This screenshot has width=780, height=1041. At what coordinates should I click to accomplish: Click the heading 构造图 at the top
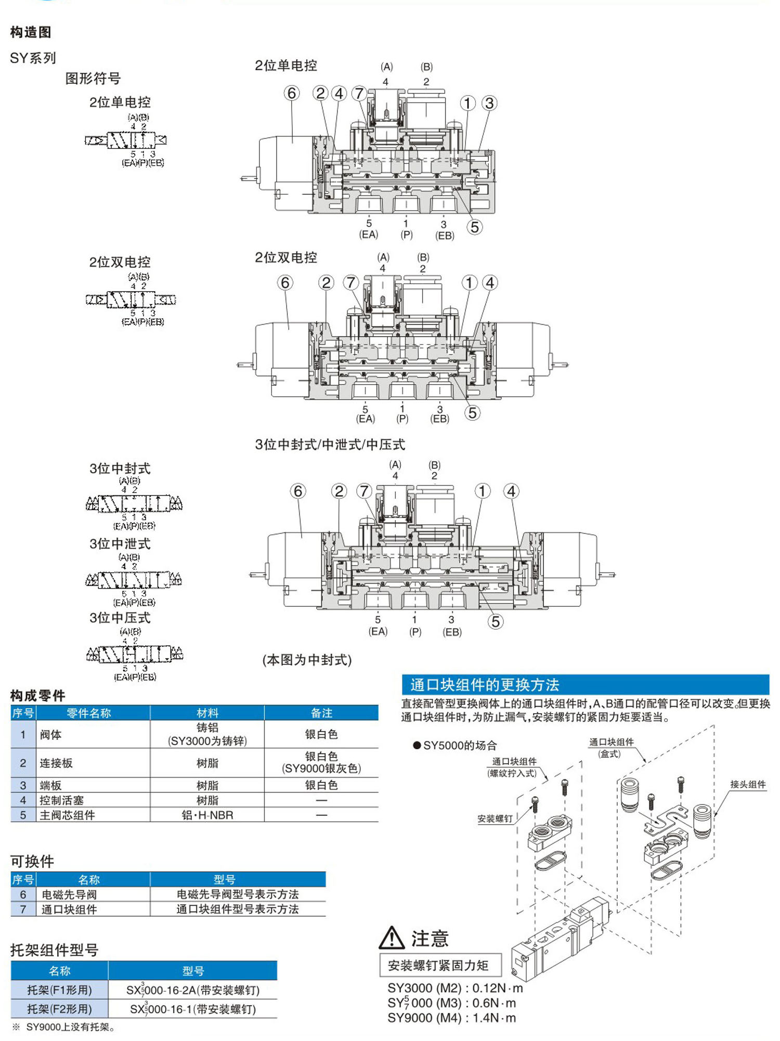tap(31, 32)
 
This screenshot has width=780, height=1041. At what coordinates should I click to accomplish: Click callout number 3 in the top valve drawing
tap(489, 103)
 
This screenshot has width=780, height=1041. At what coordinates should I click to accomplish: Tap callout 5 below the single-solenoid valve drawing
tap(474, 227)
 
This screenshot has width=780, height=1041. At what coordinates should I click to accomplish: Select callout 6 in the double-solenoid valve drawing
tap(285, 283)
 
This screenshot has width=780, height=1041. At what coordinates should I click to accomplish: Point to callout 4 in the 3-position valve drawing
tap(511, 491)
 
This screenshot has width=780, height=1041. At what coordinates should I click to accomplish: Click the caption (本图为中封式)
tap(307, 660)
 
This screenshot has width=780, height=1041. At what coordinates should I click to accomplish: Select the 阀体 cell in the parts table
tap(51, 734)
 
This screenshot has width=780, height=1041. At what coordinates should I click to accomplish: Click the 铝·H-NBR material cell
tap(207, 815)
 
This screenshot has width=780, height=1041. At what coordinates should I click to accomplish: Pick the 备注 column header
tap(321, 713)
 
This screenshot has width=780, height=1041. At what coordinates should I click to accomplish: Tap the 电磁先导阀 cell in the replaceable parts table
tap(69, 894)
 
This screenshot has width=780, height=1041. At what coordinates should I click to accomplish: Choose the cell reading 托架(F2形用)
tap(59, 1009)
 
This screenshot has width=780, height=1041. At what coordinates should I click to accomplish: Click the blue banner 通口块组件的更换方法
tap(485, 685)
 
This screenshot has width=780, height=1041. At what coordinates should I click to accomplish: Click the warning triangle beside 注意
tap(392, 938)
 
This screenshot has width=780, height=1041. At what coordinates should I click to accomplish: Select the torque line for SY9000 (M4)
tap(451, 1018)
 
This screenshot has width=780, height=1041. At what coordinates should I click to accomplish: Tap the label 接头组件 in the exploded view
tap(748, 784)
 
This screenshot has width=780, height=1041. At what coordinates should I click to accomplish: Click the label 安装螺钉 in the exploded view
tap(495, 818)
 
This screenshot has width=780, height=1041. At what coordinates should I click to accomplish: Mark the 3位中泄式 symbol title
tap(120, 544)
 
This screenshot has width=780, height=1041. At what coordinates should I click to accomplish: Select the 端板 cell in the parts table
tap(50, 785)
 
